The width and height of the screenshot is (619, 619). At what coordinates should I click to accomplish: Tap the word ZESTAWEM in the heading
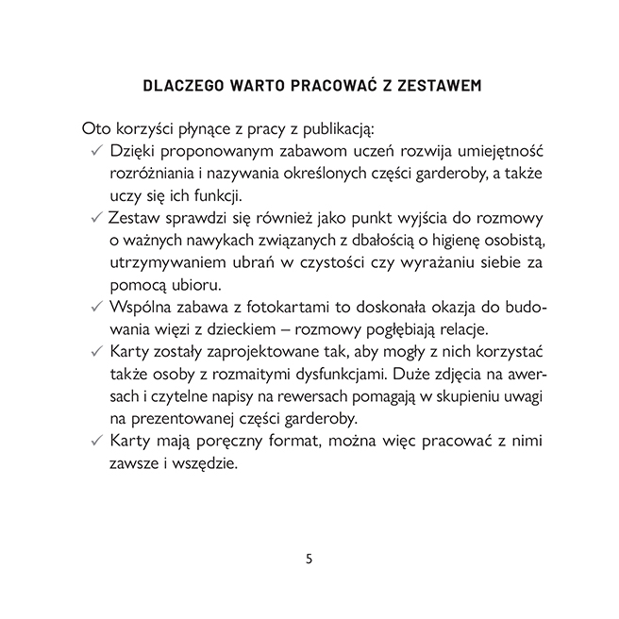[435, 86]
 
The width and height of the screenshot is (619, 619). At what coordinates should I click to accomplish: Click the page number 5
[309, 558]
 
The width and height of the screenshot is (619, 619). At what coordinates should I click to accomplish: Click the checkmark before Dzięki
[96, 151]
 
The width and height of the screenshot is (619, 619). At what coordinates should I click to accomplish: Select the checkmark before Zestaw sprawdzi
[96, 217]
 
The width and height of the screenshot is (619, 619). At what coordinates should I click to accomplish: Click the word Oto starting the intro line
[96, 127]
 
